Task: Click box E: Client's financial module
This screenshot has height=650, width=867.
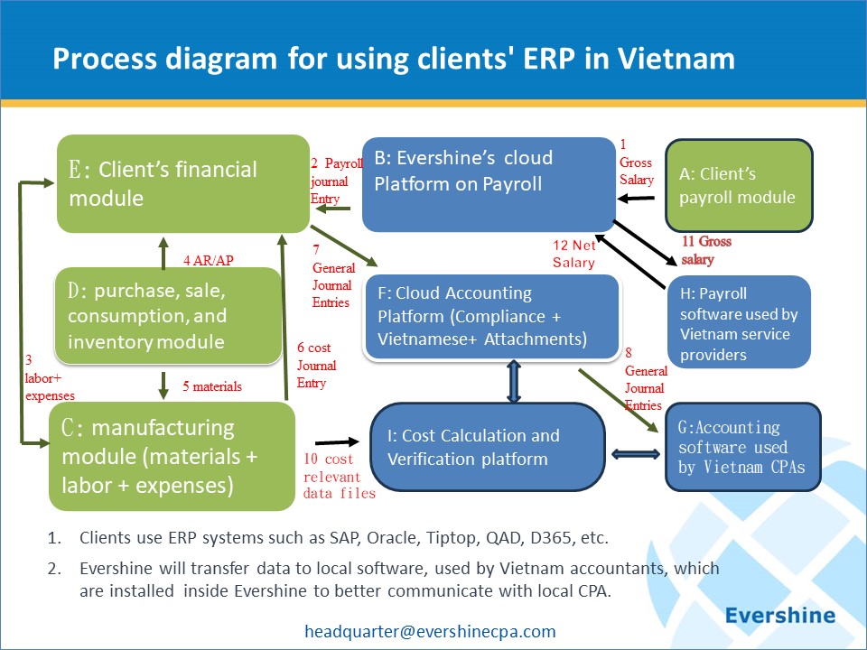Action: click(183, 183)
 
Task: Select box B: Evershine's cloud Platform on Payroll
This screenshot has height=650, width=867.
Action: click(489, 184)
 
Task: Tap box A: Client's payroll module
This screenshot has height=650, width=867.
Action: click(739, 185)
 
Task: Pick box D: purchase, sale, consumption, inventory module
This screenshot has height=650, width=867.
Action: click(168, 316)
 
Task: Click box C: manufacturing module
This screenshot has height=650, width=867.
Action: click(172, 457)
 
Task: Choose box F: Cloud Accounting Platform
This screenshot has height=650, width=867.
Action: click(491, 317)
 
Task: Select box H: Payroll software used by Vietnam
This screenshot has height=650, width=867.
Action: click(739, 322)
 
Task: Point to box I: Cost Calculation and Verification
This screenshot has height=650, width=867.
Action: click(487, 447)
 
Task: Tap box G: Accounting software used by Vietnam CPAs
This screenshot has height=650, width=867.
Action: click(742, 447)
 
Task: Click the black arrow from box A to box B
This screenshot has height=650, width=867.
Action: click(636, 198)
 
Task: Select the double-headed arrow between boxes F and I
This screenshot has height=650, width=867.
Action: click(514, 381)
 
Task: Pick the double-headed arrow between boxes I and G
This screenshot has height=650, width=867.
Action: click(635, 454)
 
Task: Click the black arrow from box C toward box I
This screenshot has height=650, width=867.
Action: click(337, 442)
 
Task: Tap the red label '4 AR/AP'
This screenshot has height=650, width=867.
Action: click(209, 260)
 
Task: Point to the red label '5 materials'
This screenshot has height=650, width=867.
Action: click(212, 386)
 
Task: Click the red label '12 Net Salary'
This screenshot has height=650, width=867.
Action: click(574, 254)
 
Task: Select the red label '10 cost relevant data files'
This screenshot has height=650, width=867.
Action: click(340, 476)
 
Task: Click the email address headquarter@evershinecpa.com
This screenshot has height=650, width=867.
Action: click(430, 631)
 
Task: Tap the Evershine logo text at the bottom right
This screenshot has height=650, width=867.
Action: click(780, 615)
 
